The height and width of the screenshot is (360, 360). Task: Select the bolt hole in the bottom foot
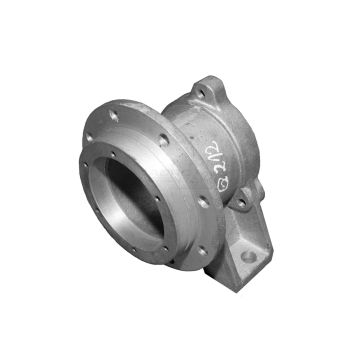[248, 257]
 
